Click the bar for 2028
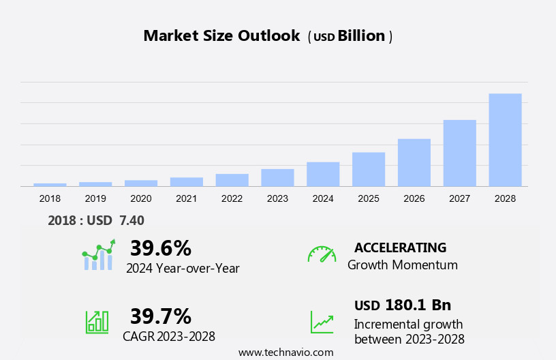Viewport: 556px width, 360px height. (505, 140)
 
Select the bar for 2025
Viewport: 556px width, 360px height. (369, 169)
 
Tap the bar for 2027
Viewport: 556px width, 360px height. (460, 153)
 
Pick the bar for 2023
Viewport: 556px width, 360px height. (277, 177)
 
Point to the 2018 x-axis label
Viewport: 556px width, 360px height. (50, 198)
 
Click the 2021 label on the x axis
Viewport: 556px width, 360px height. (186, 198)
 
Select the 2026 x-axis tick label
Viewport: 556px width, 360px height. (414, 198)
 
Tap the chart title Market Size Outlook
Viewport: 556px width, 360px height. (221, 36)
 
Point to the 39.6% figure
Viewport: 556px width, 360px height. (161, 247)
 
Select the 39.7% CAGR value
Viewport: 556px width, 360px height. (161, 316)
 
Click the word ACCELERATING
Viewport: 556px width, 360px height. (400, 247)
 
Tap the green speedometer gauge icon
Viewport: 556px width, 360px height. (322, 254)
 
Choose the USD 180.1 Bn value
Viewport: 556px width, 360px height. (403, 305)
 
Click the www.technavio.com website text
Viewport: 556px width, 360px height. (285, 352)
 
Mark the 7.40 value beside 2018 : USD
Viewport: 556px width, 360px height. (132, 220)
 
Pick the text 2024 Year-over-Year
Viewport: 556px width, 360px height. (183, 268)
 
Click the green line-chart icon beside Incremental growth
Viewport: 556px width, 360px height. (322, 322)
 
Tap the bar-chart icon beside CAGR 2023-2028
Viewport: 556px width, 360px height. (97, 322)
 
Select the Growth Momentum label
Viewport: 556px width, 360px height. (403, 265)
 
